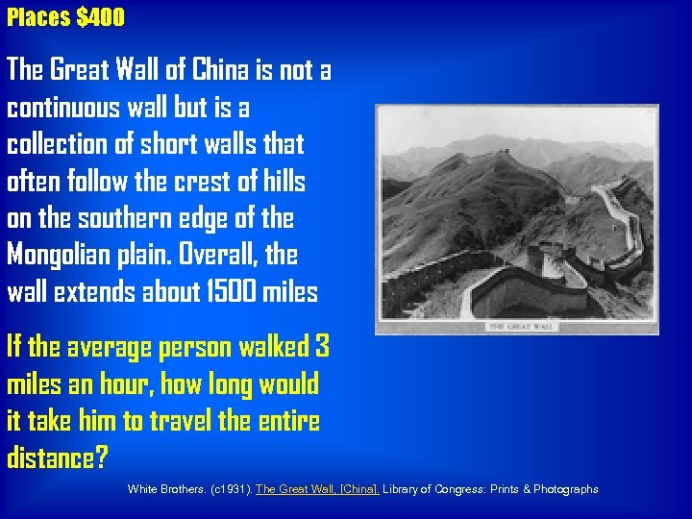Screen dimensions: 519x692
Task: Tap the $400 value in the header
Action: [x=99, y=17]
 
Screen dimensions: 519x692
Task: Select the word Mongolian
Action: [x=66, y=256]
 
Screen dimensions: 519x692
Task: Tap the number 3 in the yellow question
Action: [x=322, y=346]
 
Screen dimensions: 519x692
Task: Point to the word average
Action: [x=112, y=346]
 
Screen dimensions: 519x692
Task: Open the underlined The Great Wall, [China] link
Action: [x=318, y=489]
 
